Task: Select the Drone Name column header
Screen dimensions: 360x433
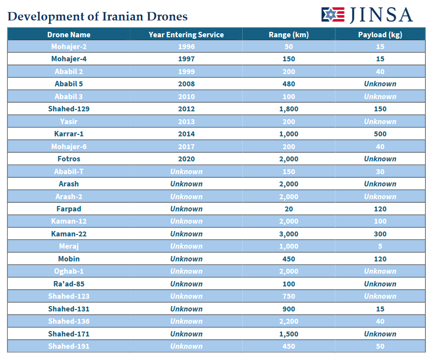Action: click(x=69, y=34)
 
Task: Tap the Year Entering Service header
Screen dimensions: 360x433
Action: click(x=186, y=34)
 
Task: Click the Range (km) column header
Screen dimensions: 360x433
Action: click(x=288, y=34)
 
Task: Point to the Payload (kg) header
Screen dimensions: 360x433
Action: click(x=380, y=34)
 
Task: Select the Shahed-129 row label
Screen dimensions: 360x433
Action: click(x=69, y=109)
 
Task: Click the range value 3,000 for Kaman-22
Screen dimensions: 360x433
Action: click(x=288, y=234)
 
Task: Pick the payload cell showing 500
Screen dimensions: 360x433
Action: click(x=380, y=134)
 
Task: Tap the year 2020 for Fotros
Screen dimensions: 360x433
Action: click(x=186, y=159)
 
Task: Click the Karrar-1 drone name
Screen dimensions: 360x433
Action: click(x=69, y=134)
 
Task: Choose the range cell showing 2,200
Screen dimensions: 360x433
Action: click(x=288, y=321)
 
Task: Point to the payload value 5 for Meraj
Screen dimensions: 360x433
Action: click(x=380, y=246)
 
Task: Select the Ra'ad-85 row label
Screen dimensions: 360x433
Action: click(x=69, y=284)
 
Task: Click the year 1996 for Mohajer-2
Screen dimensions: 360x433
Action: click(x=186, y=47)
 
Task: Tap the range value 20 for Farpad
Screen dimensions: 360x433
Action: click(x=288, y=209)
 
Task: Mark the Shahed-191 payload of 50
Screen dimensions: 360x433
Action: click(x=380, y=346)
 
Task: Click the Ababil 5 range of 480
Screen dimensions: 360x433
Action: click(x=288, y=84)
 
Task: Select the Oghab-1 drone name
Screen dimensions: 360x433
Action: click(x=69, y=271)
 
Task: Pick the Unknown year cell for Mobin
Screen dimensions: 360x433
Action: click(x=186, y=259)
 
